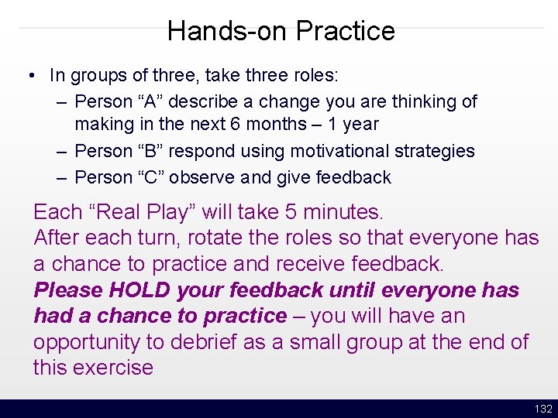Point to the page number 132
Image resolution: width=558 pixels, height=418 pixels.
(543, 409)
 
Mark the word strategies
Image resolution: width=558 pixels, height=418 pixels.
(435, 151)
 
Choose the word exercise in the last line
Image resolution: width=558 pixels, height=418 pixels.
(116, 368)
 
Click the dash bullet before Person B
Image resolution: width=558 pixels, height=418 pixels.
(62, 151)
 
